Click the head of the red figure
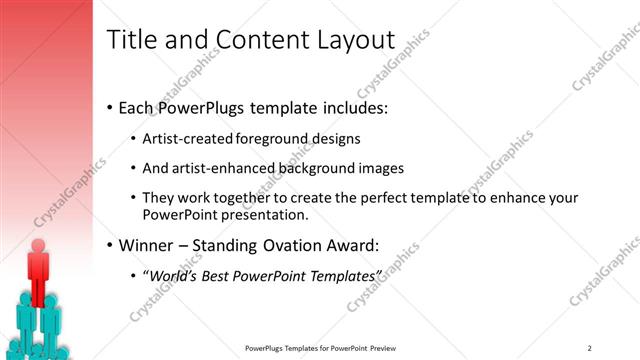39,245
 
